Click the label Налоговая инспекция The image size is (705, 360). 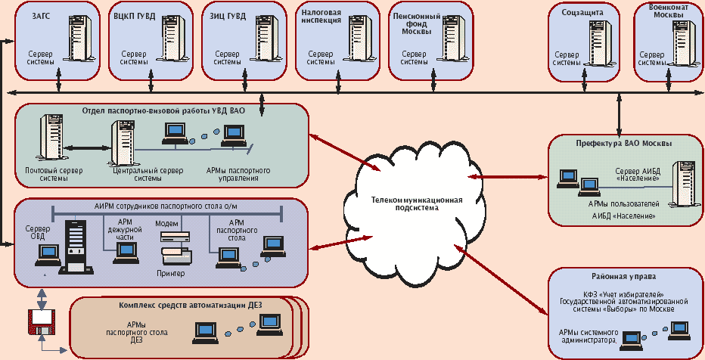tap(321, 17)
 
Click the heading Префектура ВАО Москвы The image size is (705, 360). tap(624, 141)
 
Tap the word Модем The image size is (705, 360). tap(166, 224)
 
